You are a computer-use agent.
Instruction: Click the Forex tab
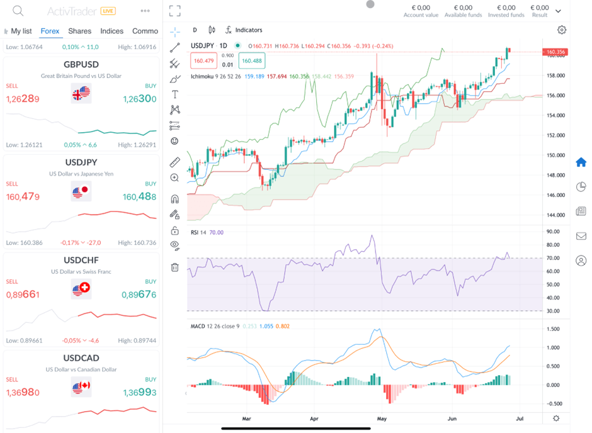[50, 31]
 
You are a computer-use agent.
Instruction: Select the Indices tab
[112, 31]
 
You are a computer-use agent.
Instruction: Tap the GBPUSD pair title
[81, 64]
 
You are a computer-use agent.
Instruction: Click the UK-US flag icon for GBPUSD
[81, 93]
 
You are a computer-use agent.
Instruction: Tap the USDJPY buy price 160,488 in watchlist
[139, 197]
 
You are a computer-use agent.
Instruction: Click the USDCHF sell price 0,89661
[23, 295]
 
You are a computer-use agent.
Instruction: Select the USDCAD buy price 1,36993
[139, 393]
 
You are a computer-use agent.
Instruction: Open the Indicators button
[244, 30]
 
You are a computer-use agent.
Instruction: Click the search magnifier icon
[18, 11]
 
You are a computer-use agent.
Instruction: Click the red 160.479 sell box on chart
[204, 60]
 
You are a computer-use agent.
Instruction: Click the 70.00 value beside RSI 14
[216, 232]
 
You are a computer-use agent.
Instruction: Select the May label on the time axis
[380, 418]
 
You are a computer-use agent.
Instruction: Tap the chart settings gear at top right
[562, 30]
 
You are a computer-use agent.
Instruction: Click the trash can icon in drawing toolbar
[175, 267]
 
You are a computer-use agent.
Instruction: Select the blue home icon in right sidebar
[581, 162]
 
